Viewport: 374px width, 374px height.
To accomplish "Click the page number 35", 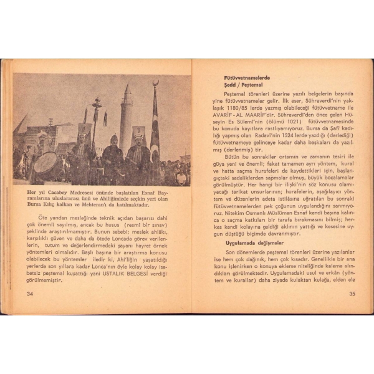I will pyautogui.click(x=352, y=294).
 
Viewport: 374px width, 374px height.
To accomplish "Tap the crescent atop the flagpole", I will pyautogui.click(x=155, y=83).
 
